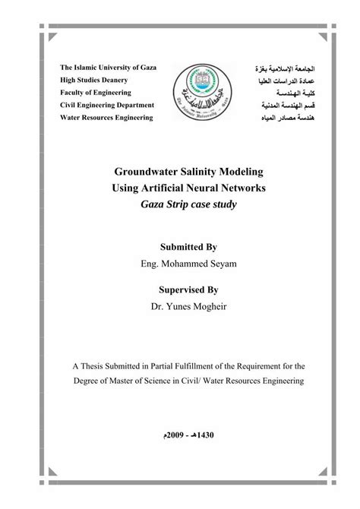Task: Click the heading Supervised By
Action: pyautogui.click(x=187, y=289)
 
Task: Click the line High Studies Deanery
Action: pyautogui.click(x=99, y=80)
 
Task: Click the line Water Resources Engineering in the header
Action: pyautogui.click(x=107, y=118)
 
